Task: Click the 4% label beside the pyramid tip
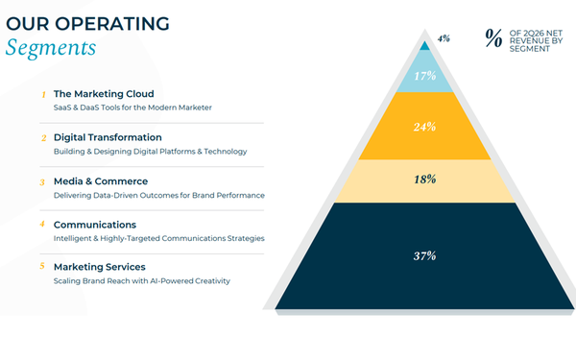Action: (444, 38)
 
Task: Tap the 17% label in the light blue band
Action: (425, 76)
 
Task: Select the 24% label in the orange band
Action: (424, 127)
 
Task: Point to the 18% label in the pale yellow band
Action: (425, 180)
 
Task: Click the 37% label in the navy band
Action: (425, 255)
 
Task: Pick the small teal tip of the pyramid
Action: (424, 46)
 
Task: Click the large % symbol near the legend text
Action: (493, 38)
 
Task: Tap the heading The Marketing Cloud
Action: (104, 94)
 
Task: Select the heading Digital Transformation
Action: (108, 137)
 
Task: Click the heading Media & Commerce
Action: (101, 181)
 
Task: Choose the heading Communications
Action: (95, 225)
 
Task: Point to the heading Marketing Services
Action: (100, 267)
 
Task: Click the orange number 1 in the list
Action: (44, 95)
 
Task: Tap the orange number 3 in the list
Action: (42, 182)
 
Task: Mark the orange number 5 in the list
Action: (42, 266)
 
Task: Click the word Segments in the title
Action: (51, 48)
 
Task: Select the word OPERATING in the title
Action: (112, 24)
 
